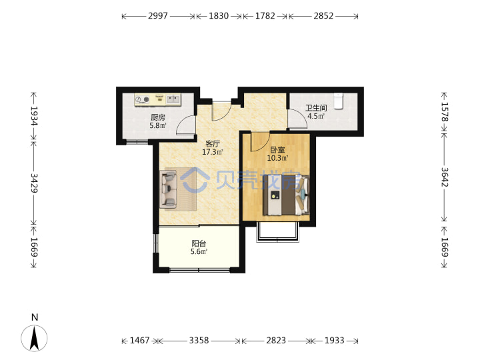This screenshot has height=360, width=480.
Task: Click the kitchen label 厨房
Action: pos(158,117)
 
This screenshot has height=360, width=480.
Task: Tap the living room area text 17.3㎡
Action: pos(213,152)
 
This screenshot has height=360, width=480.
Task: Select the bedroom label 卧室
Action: pos(277,150)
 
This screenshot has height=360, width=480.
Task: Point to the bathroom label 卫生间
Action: pos(316,108)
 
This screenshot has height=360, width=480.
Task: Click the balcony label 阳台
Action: pos(199,243)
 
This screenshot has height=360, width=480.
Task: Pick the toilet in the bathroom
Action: pos(338,101)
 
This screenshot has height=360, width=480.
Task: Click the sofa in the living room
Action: pos(168,188)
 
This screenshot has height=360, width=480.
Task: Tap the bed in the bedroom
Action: pos(286,195)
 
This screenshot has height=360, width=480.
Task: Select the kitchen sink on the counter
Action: pos(173,99)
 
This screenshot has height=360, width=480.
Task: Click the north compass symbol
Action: pos(34,338)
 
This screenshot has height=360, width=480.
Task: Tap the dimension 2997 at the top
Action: pos(158,15)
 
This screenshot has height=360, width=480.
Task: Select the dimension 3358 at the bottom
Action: pos(199,341)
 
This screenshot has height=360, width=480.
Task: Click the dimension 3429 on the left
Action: pos(34,183)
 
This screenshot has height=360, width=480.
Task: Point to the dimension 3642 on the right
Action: pos(445,177)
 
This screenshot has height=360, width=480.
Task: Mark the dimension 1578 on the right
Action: pos(445,112)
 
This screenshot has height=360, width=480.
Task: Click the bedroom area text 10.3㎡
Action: pos(277,158)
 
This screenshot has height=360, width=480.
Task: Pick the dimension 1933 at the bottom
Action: pos(334,341)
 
